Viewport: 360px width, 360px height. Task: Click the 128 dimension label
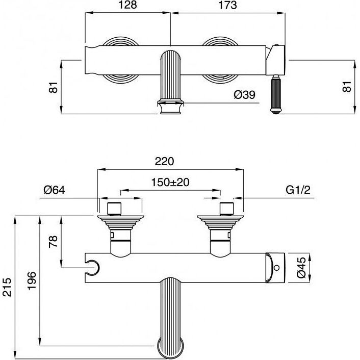point(127,5)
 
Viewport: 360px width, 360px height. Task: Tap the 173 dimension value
point(227,5)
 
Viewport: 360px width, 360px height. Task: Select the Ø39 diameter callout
point(245,95)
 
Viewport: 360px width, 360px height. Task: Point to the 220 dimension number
point(164,162)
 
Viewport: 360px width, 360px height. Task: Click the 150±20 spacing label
point(170,183)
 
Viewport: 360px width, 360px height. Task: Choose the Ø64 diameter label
point(55,190)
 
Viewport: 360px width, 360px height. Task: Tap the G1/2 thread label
point(298,190)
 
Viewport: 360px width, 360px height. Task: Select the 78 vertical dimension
point(53,242)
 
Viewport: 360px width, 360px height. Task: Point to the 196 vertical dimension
point(32,281)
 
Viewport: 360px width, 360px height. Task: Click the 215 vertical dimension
point(7,287)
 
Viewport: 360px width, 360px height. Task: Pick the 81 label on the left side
point(53,87)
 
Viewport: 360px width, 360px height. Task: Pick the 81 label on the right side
point(347,87)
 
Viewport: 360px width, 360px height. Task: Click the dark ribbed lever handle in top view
point(276,95)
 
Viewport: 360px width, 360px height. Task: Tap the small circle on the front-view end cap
point(277,268)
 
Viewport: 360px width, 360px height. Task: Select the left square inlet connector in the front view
point(114,209)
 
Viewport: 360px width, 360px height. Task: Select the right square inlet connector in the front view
point(227,209)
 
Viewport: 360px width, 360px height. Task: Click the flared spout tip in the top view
point(170,107)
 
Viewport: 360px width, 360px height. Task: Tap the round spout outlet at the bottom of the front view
point(170,349)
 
